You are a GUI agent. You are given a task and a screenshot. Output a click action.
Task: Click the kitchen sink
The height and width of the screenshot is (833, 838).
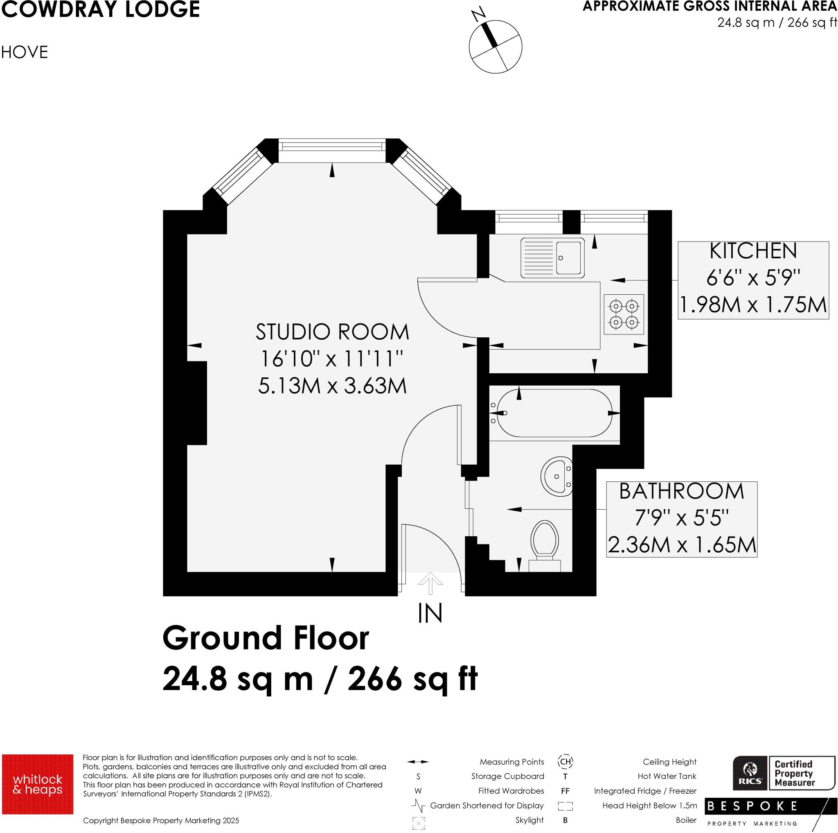(x=552, y=258)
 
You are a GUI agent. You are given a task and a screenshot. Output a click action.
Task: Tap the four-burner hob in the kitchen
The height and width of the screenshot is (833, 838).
(x=624, y=314)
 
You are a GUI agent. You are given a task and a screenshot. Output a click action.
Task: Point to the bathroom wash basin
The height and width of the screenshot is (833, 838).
(x=557, y=476)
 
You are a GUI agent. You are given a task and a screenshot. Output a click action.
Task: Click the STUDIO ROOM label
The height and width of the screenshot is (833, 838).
(x=332, y=332)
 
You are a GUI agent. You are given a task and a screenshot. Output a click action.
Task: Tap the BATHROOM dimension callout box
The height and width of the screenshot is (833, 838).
(x=681, y=519)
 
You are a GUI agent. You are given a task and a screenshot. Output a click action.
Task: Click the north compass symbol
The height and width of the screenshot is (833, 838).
(x=496, y=47)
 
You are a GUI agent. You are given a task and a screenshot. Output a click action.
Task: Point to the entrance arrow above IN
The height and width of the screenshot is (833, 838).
(x=430, y=582)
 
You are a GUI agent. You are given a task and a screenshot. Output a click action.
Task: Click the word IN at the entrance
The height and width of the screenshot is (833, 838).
(x=430, y=614)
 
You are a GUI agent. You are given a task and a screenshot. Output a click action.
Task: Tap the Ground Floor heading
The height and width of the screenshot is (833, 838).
(x=266, y=638)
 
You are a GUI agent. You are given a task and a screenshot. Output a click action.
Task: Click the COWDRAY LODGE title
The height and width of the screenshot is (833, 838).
(x=101, y=9)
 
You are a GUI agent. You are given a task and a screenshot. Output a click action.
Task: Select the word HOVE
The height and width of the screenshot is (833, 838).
(x=24, y=52)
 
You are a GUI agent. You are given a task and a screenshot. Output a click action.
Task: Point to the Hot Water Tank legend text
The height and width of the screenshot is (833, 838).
(x=667, y=776)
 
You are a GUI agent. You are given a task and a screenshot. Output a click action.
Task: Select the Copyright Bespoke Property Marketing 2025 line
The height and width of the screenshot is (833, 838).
(x=161, y=820)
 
